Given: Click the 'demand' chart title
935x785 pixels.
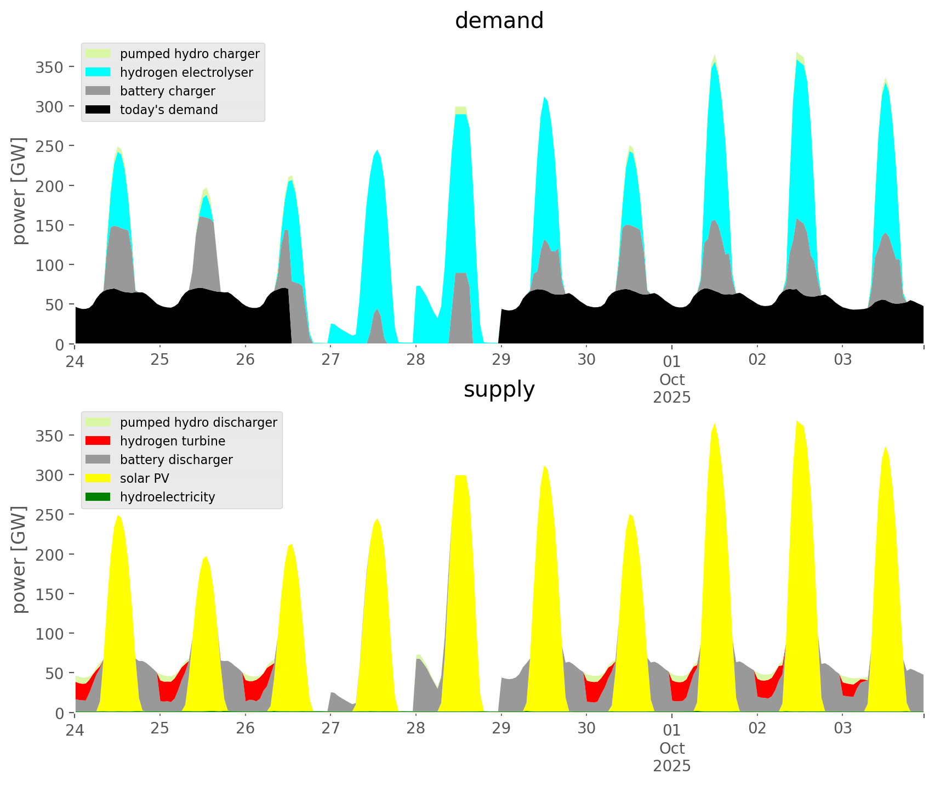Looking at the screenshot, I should point(499,21).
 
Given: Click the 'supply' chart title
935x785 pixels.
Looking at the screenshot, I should point(499,389).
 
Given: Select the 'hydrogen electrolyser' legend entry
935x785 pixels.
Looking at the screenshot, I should point(186,72).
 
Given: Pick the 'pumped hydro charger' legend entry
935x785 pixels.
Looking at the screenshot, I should point(190,54).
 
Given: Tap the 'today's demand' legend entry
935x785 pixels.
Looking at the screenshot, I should point(169,110).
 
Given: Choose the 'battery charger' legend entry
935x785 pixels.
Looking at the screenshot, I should point(167,91).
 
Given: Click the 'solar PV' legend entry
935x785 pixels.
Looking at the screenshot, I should point(144,478).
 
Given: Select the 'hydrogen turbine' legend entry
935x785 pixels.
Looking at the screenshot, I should point(172,441).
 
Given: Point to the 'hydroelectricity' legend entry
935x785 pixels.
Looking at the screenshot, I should point(167,497).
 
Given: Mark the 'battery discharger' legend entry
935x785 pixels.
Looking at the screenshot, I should point(176,460).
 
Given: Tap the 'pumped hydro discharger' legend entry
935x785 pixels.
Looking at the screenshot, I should point(198,422).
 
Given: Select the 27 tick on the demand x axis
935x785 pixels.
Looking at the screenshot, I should point(330,360).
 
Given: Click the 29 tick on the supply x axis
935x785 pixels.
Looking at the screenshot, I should point(501,728).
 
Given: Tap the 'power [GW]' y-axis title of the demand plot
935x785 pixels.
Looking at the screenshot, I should point(20,191).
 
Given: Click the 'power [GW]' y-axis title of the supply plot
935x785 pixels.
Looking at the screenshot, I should point(20,560).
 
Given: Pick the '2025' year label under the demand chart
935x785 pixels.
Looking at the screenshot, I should point(672,397).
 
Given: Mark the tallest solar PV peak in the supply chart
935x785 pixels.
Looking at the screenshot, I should point(797,421).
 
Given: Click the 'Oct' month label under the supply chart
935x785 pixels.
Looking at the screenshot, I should point(672,748).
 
